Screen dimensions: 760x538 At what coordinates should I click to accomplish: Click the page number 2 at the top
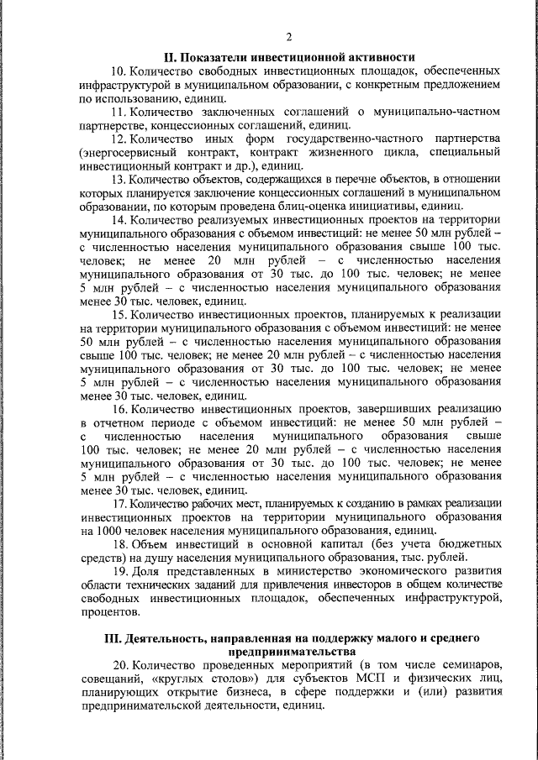(x=289, y=36)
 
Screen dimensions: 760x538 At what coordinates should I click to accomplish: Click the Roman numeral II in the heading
(x=168, y=57)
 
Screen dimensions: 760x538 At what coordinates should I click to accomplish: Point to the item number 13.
(x=119, y=179)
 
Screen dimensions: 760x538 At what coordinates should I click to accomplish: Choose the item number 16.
(x=119, y=409)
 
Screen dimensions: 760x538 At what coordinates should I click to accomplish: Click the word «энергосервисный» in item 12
(x=127, y=153)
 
